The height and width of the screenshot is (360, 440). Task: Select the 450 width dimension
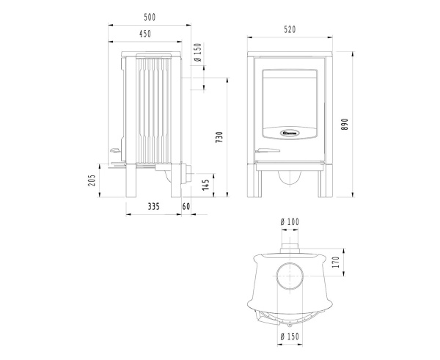point(146,34)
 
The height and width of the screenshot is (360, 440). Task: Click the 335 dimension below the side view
point(153,207)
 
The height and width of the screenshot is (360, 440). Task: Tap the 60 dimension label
point(186,207)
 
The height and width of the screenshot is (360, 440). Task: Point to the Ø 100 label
point(290,221)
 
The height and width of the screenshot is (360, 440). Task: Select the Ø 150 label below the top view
point(290,337)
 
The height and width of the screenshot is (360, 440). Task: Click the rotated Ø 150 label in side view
point(198,53)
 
